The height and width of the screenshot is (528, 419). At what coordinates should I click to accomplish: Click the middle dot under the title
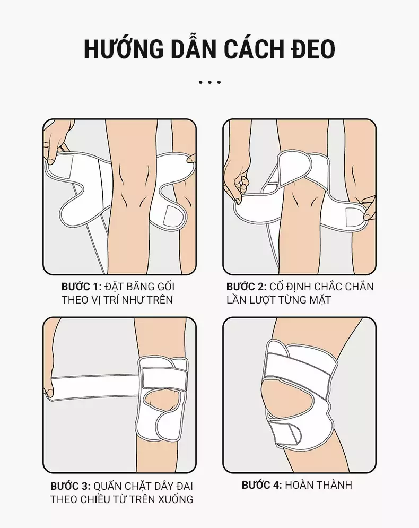(x=210, y=82)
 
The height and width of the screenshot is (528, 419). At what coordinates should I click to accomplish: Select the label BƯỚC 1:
(x=82, y=287)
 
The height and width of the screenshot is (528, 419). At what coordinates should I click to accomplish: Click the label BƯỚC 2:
(x=246, y=287)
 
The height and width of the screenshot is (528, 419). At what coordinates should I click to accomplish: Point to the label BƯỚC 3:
(x=71, y=486)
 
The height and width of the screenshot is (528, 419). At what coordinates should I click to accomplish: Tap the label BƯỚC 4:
(x=262, y=485)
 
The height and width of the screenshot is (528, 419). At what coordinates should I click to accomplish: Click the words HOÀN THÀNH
(x=318, y=485)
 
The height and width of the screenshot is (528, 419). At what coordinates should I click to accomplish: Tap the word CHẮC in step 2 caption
(x=329, y=287)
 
